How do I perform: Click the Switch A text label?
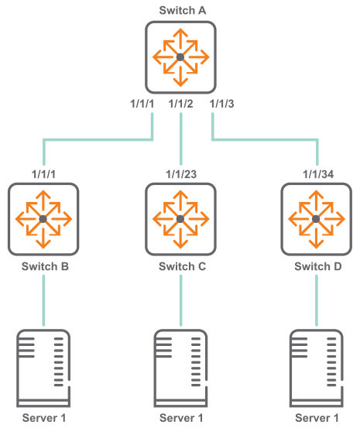click(x=182, y=10)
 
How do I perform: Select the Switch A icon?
click(x=180, y=57)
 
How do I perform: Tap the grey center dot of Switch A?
click(x=180, y=57)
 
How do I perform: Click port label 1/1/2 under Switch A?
click(x=180, y=104)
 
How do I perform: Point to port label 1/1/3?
click(x=221, y=104)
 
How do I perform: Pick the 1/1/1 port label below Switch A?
click(x=142, y=104)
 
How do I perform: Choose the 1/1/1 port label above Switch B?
click(x=43, y=174)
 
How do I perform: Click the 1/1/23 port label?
click(x=181, y=174)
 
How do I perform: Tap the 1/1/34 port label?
click(x=318, y=174)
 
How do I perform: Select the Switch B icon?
click(x=43, y=219)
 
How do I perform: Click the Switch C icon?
click(x=180, y=219)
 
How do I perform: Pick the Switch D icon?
click(x=317, y=219)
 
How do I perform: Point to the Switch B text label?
click(x=45, y=266)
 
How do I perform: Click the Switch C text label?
click(x=182, y=266)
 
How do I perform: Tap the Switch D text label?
click(x=318, y=266)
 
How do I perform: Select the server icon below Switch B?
click(x=43, y=368)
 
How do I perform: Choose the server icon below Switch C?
click(x=180, y=368)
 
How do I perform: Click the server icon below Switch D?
click(x=317, y=368)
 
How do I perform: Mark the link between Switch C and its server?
click(x=181, y=300)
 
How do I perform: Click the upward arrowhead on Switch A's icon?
click(x=180, y=33)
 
